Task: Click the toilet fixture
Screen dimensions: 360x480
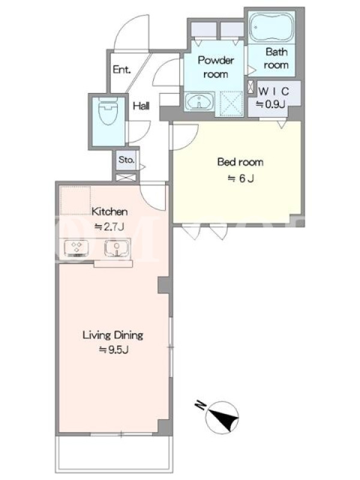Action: point(109,112)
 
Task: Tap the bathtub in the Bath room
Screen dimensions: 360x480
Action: point(271,28)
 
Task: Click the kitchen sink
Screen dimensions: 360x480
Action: point(116,248)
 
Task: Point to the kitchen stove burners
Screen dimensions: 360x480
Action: point(77,248)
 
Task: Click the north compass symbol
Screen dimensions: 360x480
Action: point(222,418)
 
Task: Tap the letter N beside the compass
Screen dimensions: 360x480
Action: point(200,406)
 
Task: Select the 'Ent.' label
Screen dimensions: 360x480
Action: point(122,70)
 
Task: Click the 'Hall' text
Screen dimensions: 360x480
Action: point(141,106)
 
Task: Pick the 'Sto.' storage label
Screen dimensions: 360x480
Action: point(127,160)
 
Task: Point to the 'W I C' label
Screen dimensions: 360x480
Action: point(274,91)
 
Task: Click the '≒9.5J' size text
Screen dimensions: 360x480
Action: point(113,350)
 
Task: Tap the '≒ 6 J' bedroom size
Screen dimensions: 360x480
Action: point(241,178)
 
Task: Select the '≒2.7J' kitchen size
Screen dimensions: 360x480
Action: point(109,227)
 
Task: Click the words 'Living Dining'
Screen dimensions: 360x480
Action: point(113,335)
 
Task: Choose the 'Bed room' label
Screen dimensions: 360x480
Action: point(241,161)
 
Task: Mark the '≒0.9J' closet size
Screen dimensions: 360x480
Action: point(271,104)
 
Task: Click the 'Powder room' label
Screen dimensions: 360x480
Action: point(216,67)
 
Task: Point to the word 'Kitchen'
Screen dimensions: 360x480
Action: point(110,212)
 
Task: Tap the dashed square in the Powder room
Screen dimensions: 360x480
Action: point(232,103)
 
